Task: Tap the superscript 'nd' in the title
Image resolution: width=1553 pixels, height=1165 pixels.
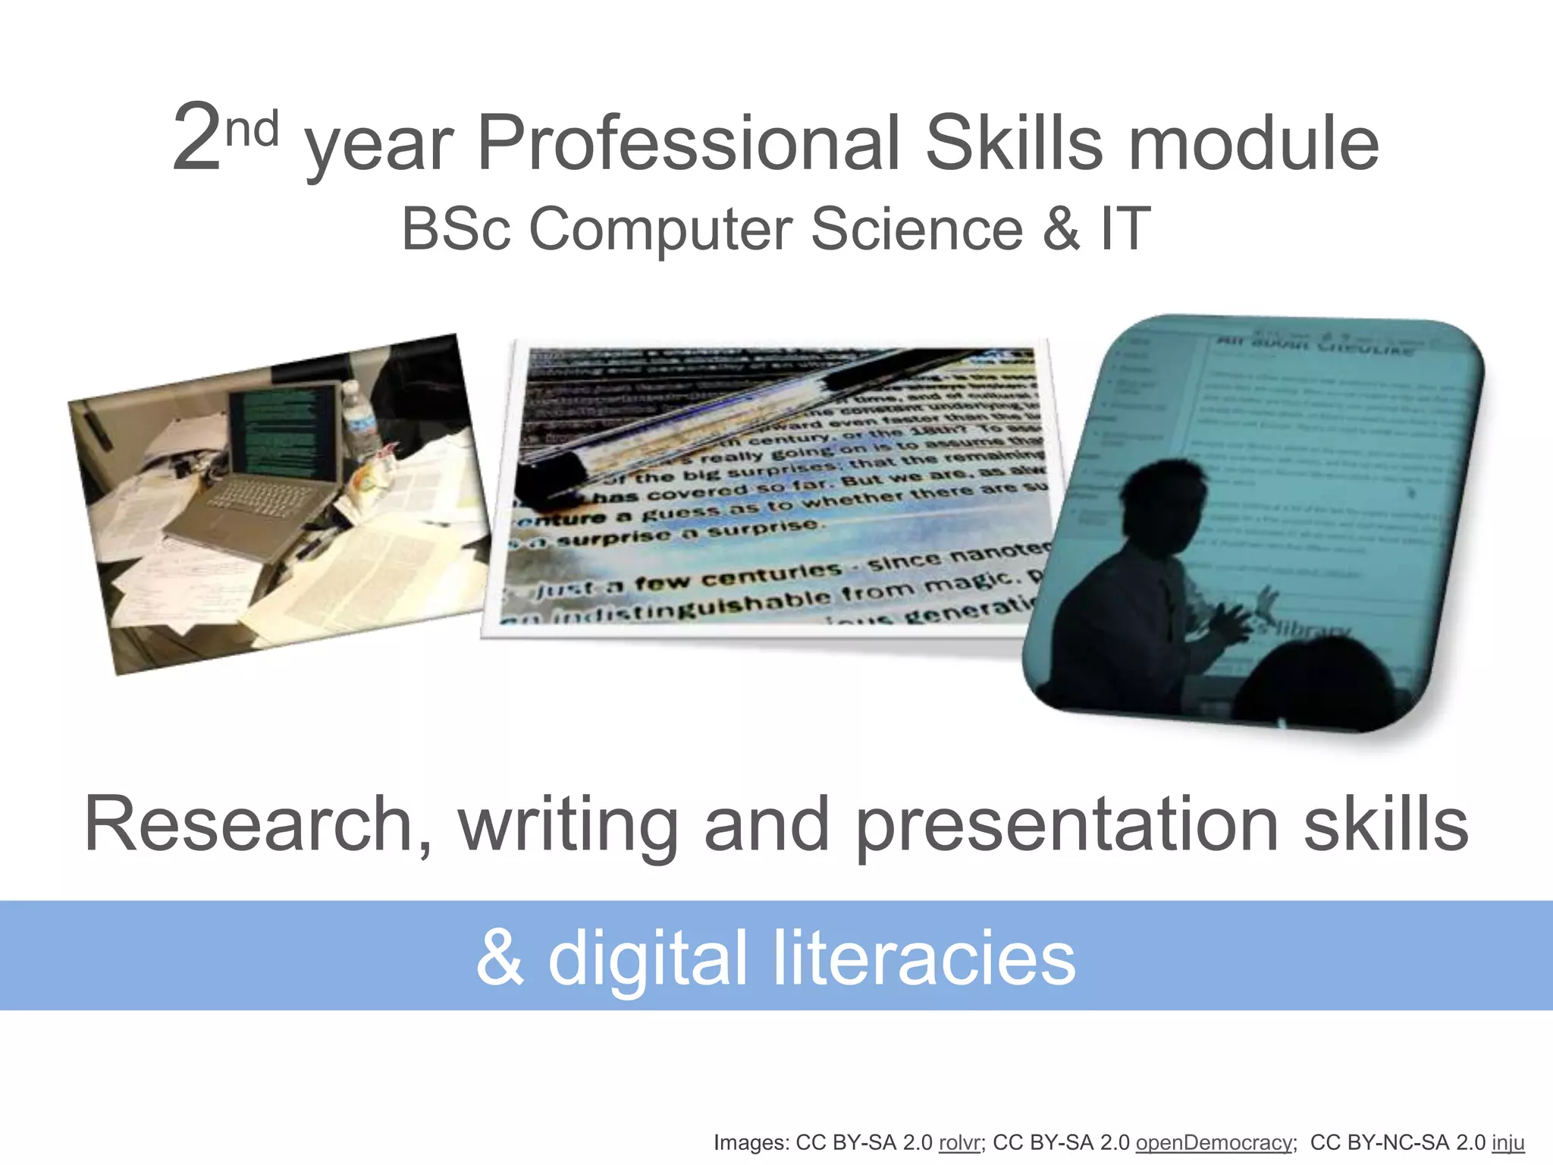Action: pyautogui.click(x=253, y=129)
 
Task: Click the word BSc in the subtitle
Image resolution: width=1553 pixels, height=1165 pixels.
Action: pyautogui.click(x=456, y=229)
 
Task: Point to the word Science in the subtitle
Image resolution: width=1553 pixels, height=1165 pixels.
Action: pyautogui.click(x=917, y=229)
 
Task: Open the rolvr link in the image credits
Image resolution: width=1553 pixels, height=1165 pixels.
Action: pyautogui.click(x=959, y=1143)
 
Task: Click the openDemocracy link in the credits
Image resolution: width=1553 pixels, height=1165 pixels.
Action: pyautogui.click(x=1213, y=1143)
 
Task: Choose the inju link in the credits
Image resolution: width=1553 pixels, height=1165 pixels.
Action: pyautogui.click(x=1508, y=1143)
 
